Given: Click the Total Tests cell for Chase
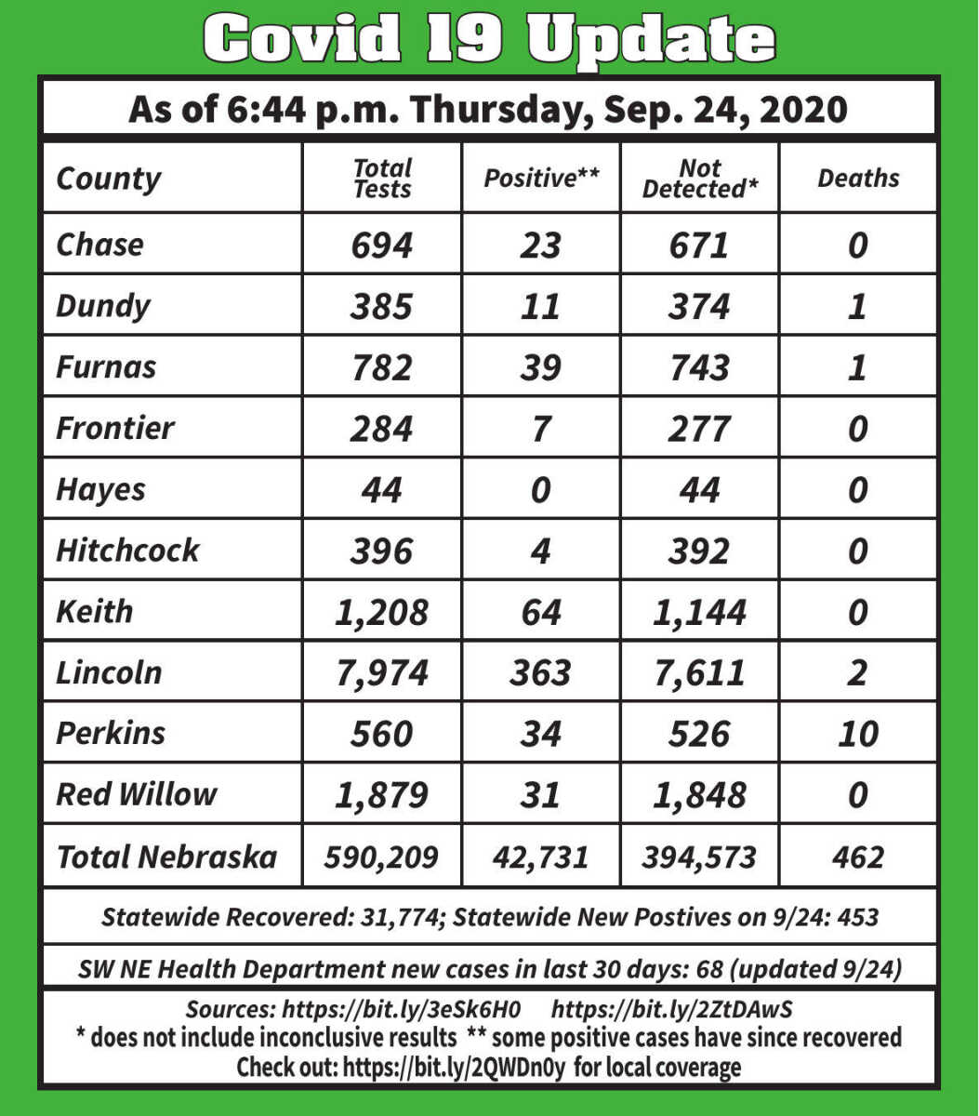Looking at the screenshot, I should [381, 245].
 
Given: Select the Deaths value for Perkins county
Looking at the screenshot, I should [857, 734].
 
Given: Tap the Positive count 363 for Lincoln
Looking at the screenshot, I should [540, 672].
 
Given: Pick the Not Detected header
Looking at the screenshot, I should [699, 179].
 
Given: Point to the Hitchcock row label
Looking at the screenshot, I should [127, 550].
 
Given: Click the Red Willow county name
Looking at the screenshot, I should [136, 794].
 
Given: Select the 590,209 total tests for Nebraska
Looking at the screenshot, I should [381, 857].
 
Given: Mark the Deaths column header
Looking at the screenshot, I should [857, 179].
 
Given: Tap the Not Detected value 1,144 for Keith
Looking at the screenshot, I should [699, 611].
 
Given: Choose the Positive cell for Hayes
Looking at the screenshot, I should [540, 489].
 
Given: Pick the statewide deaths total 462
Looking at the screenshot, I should [857, 857].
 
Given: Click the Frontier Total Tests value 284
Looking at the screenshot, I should [381, 428].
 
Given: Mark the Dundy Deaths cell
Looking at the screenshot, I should [857, 306].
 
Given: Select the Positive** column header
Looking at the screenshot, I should [540, 179].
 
